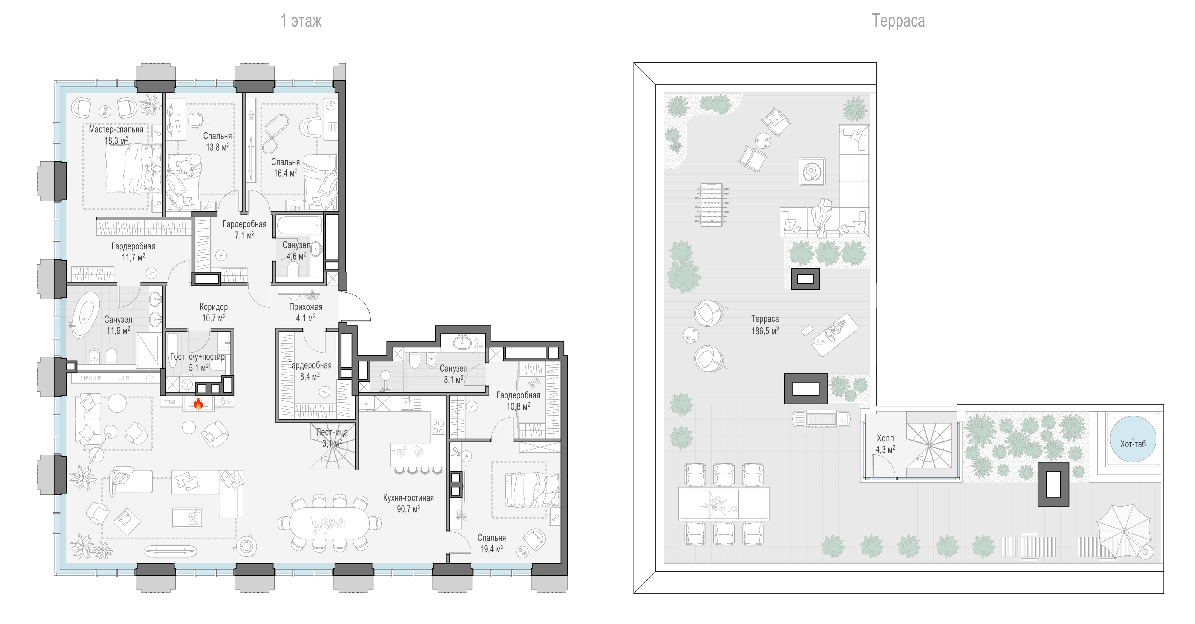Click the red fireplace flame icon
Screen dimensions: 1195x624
[x=198, y=403]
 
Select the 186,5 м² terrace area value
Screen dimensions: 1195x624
[x=765, y=331]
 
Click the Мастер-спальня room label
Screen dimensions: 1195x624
[x=116, y=129]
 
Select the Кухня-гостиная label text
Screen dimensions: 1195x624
[x=408, y=498]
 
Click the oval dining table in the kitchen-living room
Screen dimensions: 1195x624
[x=329, y=523]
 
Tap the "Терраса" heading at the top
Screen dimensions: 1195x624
[x=898, y=21]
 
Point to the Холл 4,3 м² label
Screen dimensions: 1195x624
[x=885, y=444]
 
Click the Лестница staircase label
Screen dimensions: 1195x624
[x=332, y=432]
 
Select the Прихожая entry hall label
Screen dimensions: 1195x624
[x=306, y=307]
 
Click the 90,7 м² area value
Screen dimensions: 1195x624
[x=408, y=509]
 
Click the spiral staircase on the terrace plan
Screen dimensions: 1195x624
[x=929, y=446]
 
